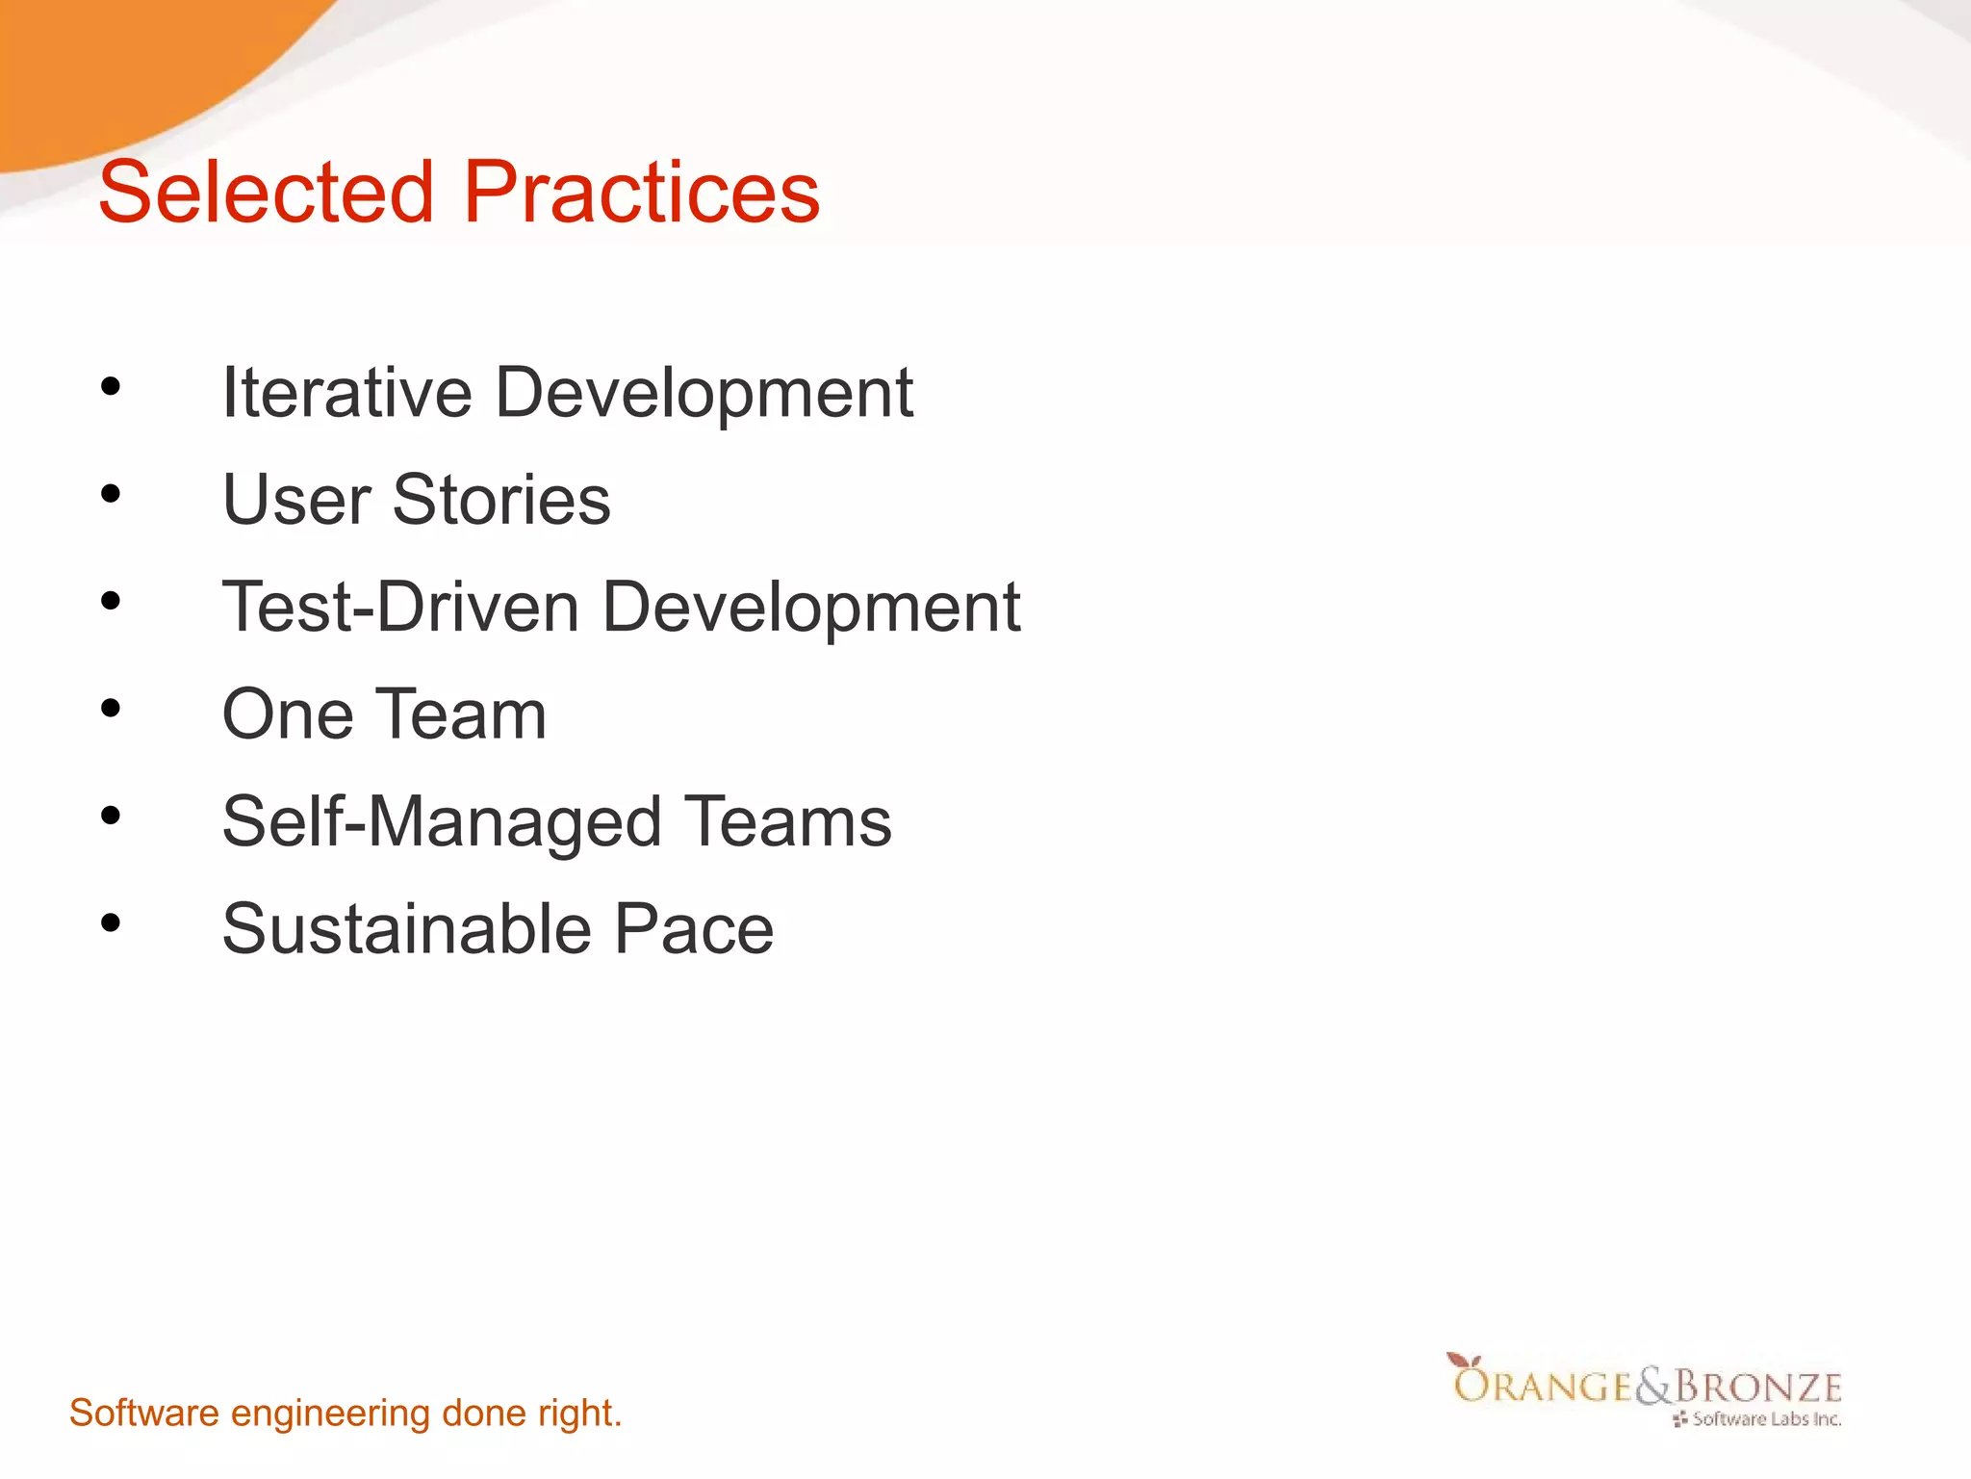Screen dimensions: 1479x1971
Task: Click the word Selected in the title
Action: point(267,193)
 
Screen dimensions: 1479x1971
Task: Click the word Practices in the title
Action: point(642,193)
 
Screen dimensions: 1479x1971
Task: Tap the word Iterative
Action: point(346,393)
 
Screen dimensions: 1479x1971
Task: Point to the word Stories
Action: point(501,501)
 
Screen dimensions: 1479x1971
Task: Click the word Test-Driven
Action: point(400,608)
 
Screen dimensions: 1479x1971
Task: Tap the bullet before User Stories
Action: point(111,494)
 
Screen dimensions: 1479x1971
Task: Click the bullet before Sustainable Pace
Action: point(111,923)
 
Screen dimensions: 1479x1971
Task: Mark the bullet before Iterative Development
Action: point(111,387)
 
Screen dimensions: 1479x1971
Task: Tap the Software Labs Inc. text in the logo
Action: point(1766,1419)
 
